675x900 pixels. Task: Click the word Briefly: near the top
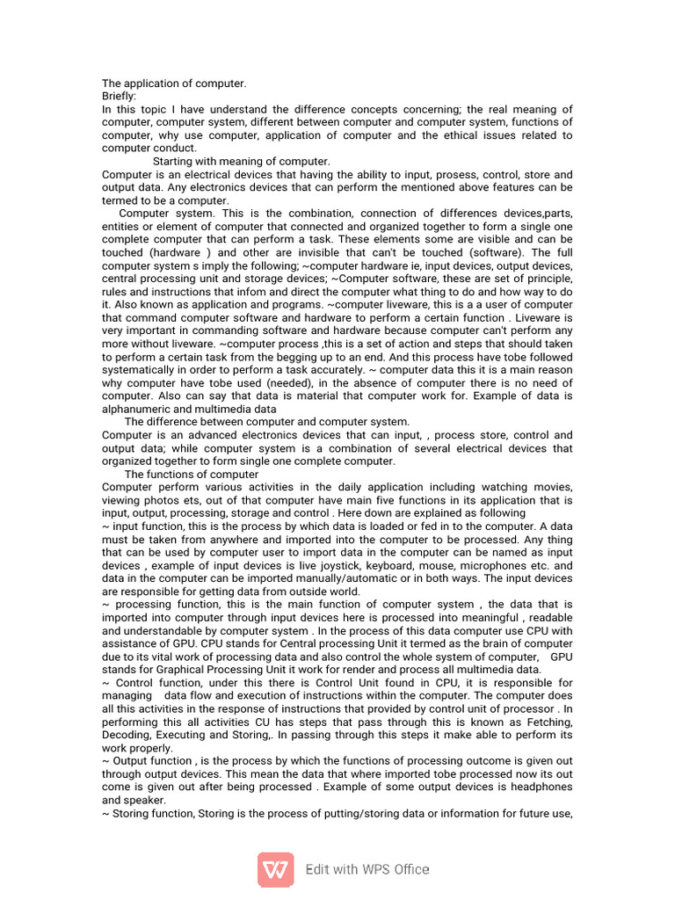click(x=120, y=97)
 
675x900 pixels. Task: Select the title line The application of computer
click(x=174, y=83)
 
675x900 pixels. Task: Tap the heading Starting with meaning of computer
click(x=242, y=162)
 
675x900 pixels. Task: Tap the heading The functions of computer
click(x=192, y=475)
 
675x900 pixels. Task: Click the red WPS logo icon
click(x=275, y=869)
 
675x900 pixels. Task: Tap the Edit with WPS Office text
click(x=367, y=869)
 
